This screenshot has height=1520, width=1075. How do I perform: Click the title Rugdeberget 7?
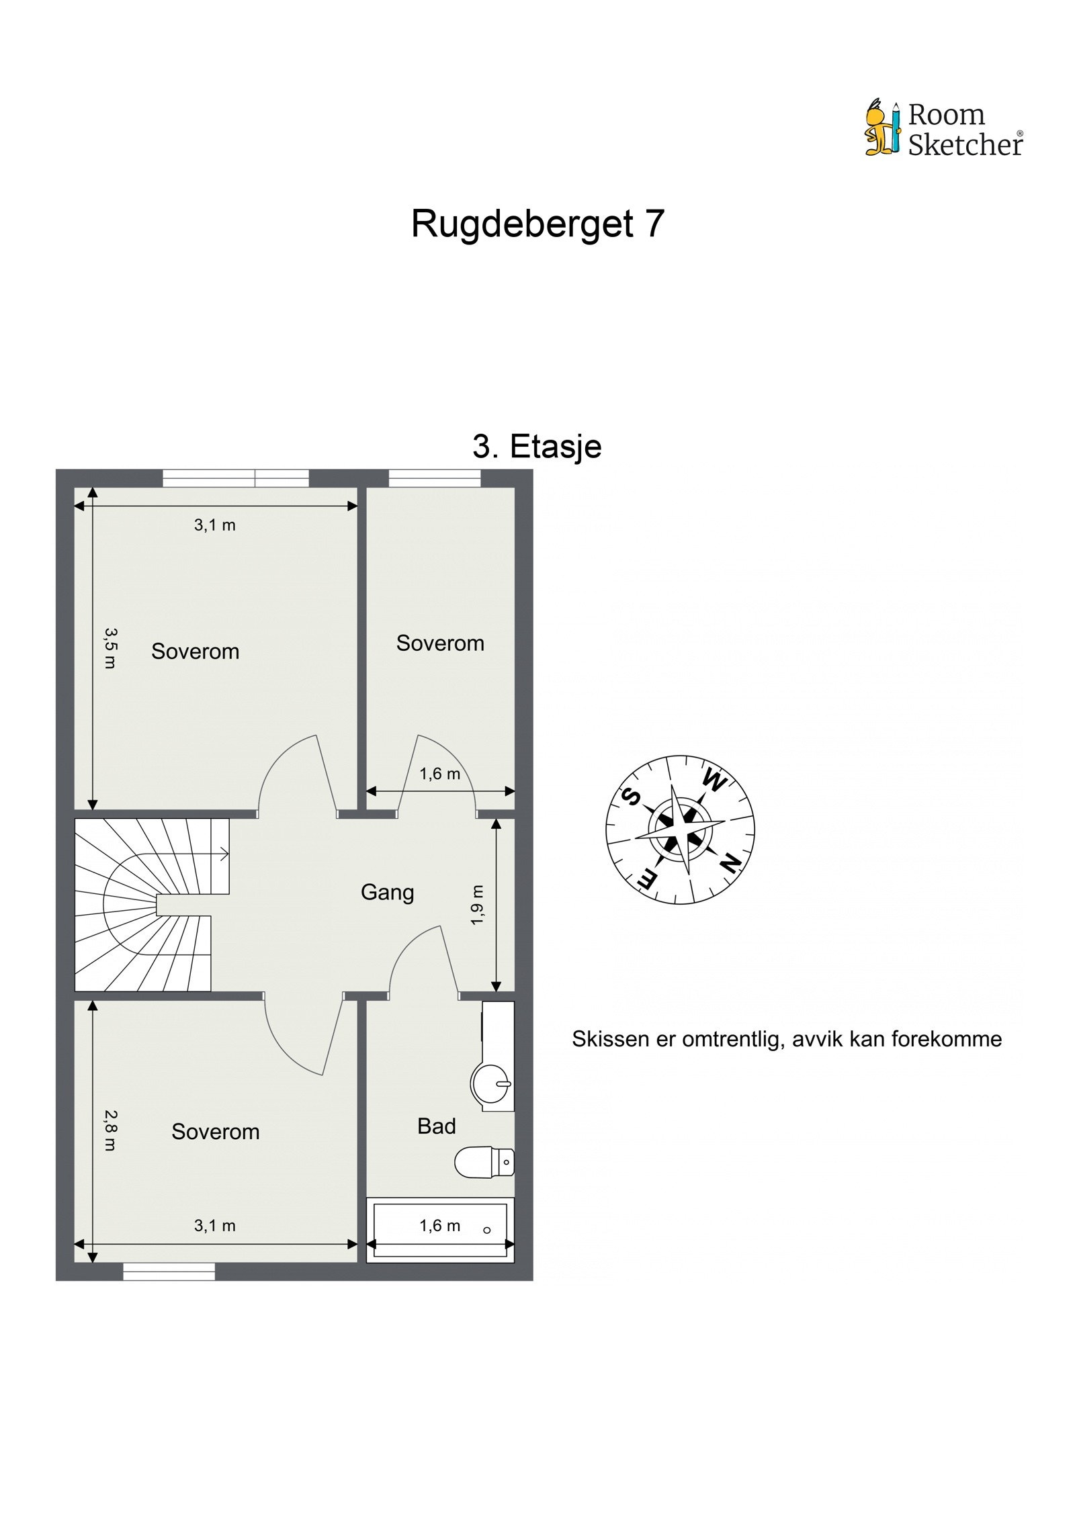coord(537,224)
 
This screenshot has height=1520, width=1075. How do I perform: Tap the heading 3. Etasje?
coord(537,447)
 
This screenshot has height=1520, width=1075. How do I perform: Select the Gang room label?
coord(387,893)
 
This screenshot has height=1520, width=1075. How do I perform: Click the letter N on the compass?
coord(729,864)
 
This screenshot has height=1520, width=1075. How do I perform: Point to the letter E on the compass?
coord(647,879)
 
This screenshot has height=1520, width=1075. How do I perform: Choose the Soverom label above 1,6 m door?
coord(440,643)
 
